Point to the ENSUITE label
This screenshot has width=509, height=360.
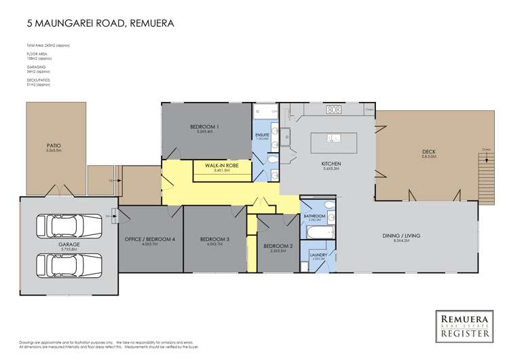(x=263, y=135)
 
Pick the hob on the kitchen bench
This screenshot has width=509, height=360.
(x=334, y=109)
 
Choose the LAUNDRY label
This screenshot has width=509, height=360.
(x=319, y=255)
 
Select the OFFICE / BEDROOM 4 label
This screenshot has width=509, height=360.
(x=150, y=239)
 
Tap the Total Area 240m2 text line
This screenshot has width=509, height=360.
(x=48, y=45)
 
